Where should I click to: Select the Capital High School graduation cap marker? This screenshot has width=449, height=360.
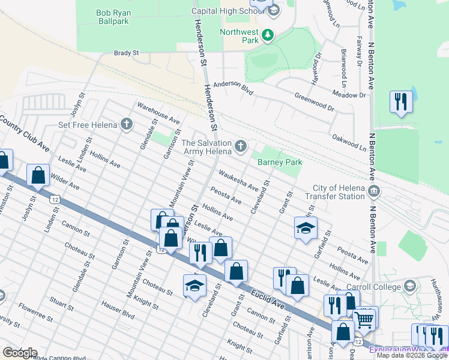(x=273, y=11)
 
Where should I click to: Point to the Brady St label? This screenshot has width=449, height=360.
(x=126, y=53)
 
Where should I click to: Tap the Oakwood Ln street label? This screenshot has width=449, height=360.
(x=349, y=142)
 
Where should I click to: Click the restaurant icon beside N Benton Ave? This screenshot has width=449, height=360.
(x=400, y=101)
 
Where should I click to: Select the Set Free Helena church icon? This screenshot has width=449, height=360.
(x=126, y=125)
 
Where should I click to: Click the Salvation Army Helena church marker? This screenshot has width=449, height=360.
(x=241, y=146)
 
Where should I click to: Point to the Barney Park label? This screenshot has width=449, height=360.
(x=280, y=162)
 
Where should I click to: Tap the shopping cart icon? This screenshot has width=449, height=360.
(x=366, y=318)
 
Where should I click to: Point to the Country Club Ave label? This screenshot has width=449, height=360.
(x=25, y=131)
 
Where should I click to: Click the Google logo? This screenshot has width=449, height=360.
(x=19, y=353)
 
